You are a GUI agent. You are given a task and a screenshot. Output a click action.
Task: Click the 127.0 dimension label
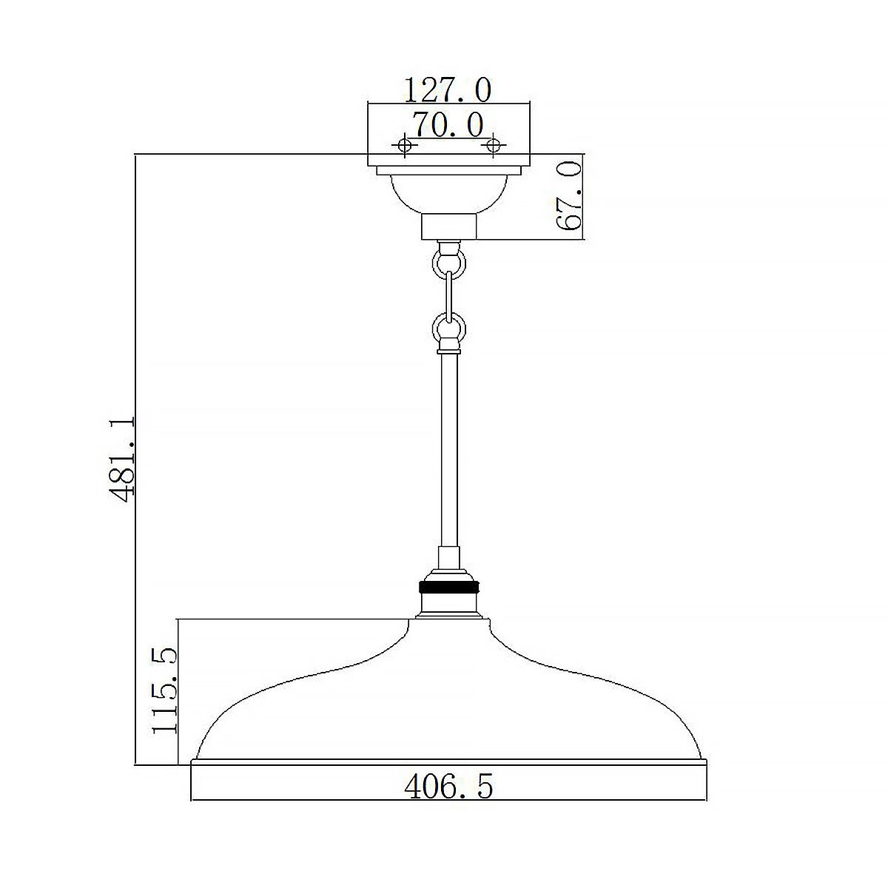447,90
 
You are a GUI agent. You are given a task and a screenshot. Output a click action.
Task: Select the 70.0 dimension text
448,124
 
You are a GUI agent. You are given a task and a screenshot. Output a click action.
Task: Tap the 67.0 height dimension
571,198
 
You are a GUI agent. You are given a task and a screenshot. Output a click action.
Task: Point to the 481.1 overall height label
123,459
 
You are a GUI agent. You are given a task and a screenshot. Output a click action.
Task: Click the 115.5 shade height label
165,690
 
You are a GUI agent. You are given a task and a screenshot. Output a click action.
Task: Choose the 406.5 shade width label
448,787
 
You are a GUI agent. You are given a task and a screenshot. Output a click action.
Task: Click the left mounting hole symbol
405,146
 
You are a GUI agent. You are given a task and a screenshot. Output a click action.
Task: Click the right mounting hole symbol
491,146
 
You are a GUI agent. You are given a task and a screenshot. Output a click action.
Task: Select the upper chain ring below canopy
448,261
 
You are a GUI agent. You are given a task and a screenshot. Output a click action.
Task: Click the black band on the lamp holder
448,588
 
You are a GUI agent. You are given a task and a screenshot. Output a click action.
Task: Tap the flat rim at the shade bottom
448,763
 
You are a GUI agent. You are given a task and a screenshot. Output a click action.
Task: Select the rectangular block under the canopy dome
448,226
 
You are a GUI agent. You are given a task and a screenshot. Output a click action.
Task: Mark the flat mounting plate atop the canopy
448,161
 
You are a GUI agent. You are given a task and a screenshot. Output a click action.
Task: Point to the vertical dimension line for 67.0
585,197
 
